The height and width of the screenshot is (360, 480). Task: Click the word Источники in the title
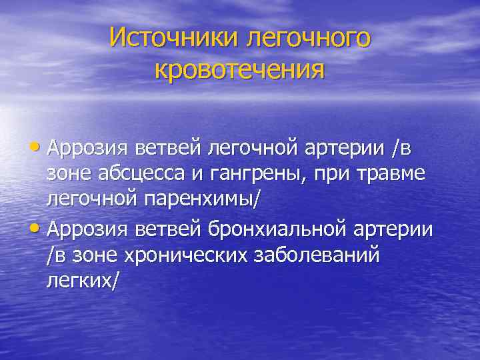174,37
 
